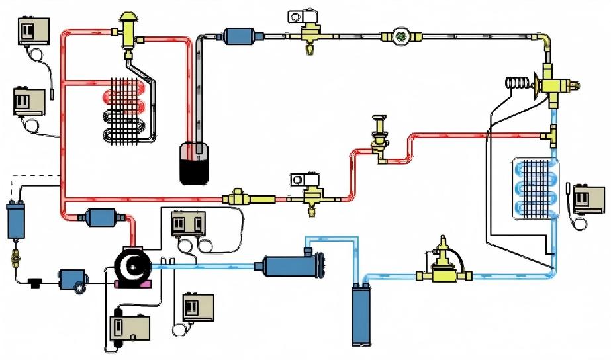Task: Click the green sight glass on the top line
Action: point(400,36)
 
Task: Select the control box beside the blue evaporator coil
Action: point(588,198)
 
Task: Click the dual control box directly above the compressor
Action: point(187,224)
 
